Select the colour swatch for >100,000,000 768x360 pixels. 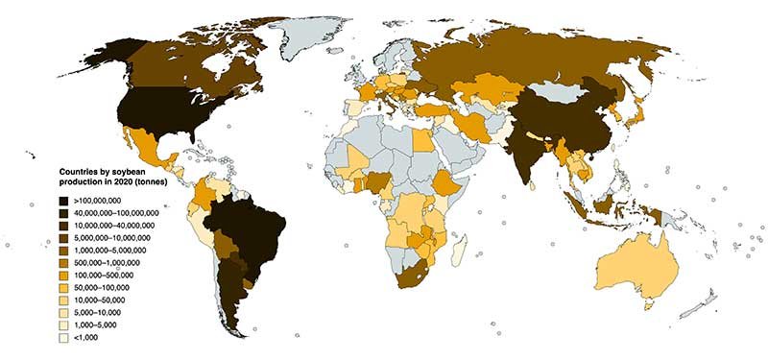62,197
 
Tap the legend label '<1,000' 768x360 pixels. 86,338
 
